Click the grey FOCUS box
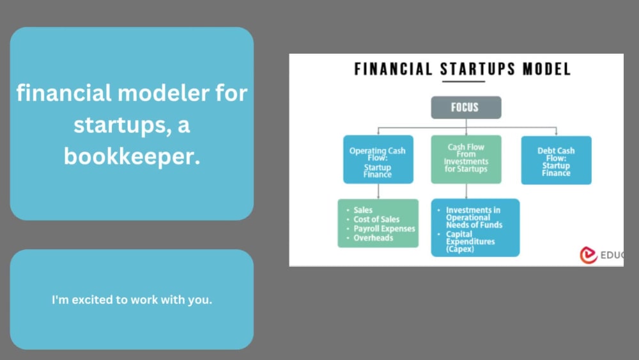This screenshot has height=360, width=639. coord(465,107)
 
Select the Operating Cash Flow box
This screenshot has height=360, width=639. coord(378,160)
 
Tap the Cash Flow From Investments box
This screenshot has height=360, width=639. coord(465,159)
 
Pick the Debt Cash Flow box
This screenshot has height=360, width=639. coord(556,160)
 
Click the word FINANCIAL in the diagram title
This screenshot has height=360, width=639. coord(393,69)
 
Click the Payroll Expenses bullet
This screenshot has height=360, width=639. coord(384,228)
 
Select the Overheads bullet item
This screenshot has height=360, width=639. coord(373,238)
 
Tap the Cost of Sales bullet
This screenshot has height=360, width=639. coord(376,219)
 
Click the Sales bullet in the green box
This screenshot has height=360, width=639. coord(363,210)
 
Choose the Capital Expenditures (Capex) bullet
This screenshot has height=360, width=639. coord(470,242)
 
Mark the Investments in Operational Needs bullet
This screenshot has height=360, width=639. coord(473,217)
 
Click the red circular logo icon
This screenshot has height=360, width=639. coord(588,254)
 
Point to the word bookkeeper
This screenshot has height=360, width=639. coord(131,156)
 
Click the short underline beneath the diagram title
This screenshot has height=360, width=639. coord(464,81)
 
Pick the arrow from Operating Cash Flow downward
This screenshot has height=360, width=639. coord(378,191)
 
